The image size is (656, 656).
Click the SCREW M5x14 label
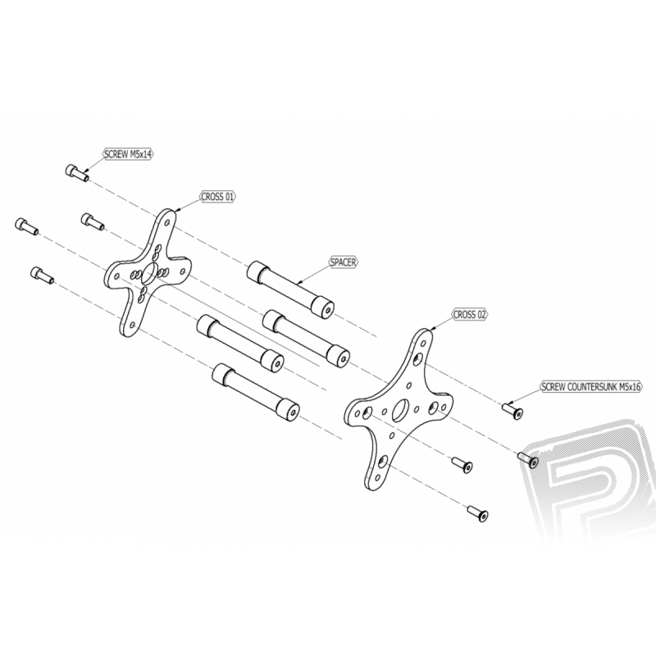129,154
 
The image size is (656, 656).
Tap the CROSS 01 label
217,197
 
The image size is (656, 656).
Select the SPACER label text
343,262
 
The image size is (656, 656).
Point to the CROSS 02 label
470,314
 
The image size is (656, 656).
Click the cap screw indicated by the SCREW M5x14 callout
77,173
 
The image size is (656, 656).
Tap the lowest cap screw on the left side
42,275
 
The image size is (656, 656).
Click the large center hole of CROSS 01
149,274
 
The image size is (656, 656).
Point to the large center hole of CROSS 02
400,410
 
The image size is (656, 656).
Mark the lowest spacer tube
256,392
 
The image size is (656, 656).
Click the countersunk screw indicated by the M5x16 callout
512,411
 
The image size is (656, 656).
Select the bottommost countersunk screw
477,514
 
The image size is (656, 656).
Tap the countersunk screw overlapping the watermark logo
528,460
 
